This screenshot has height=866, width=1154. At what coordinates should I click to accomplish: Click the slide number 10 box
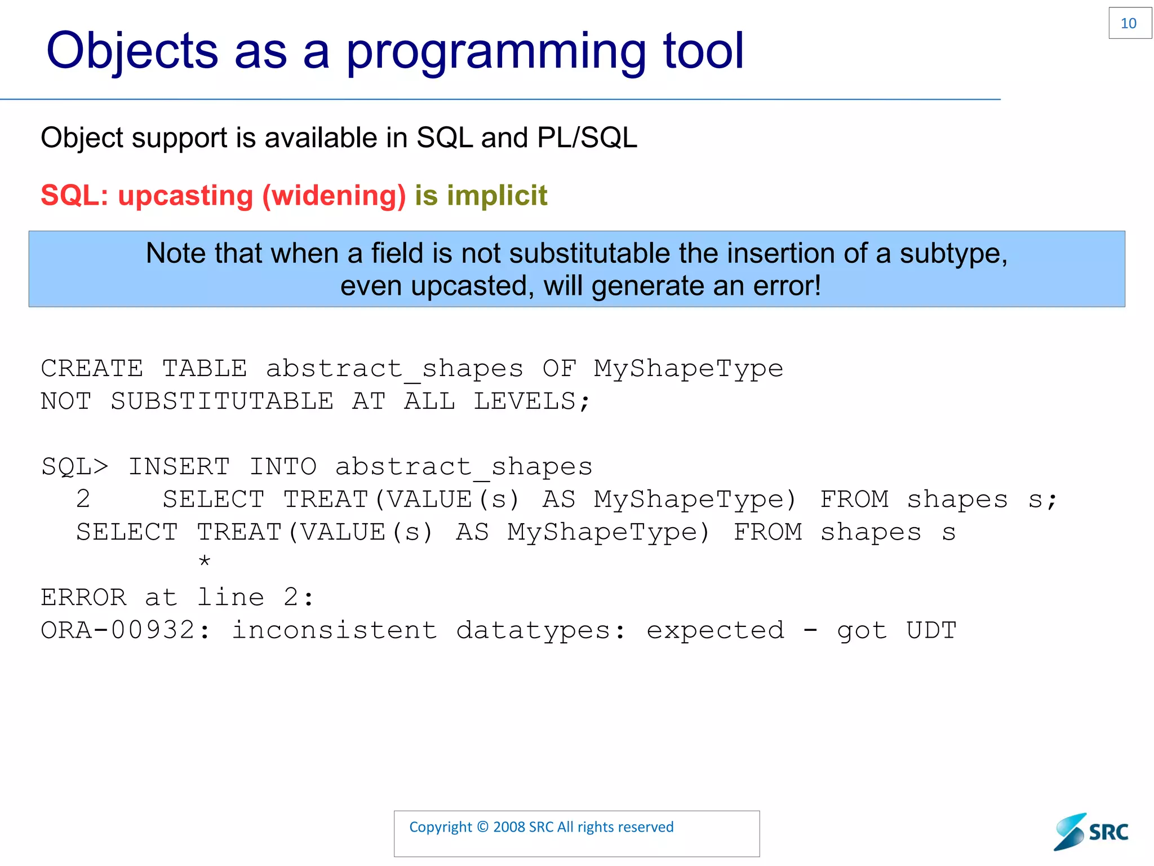click(x=1129, y=23)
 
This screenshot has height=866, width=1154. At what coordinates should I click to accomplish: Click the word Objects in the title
click(x=132, y=52)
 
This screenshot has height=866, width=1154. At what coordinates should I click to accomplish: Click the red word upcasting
click(x=185, y=196)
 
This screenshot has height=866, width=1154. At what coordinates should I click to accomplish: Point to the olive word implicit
click(x=496, y=196)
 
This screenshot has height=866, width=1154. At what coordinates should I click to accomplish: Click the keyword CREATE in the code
click(x=92, y=369)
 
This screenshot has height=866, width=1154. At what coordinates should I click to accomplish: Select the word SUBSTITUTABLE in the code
click(x=222, y=401)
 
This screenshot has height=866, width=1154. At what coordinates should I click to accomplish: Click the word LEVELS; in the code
click(x=531, y=401)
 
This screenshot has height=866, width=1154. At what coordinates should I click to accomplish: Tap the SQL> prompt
click(x=74, y=467)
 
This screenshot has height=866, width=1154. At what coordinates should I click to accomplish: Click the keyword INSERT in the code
click(x=179, y=467)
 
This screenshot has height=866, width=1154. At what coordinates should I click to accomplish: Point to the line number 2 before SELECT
click(x=83, y=500)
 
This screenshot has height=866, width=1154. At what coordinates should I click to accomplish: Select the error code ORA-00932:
click(x=125, y=630)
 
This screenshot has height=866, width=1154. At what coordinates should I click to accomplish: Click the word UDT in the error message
click(x=931, y=630)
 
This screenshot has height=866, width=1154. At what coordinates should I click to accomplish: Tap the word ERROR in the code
click(x=84, y=598)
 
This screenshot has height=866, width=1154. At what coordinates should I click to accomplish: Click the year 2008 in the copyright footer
click(x=509, y=827)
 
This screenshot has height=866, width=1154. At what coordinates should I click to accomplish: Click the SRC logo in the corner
click(x=1091, y=832)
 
